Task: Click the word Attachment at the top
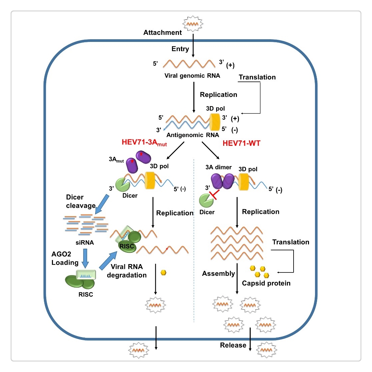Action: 163,33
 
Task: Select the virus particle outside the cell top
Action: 192,24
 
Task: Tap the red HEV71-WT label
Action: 241,143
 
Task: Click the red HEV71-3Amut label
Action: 144,142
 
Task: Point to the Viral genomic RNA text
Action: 192,76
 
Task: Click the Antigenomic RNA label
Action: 193,135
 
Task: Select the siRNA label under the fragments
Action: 85,242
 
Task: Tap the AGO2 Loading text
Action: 65,258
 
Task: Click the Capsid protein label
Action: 266,283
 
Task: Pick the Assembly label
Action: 218,273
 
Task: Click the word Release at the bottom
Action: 233,345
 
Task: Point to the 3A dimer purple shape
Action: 223,181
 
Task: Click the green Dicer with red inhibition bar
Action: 206,200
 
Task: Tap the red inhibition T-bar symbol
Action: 214,195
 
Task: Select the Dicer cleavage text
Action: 80,201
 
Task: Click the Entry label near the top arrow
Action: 180,49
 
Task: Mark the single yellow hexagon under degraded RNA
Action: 164,272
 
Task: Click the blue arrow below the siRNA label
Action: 85,257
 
